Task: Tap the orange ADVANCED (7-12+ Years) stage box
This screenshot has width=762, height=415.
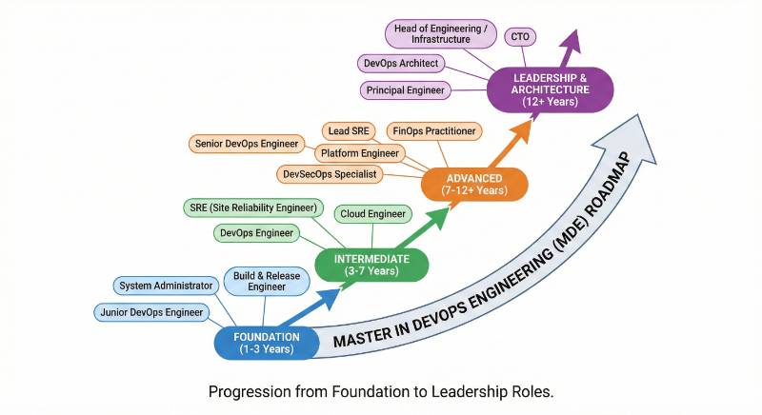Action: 473,183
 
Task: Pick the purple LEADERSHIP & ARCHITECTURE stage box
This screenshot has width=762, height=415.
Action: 551,89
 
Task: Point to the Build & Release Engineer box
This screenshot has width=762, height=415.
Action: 260,281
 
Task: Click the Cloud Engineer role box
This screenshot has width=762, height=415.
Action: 372,214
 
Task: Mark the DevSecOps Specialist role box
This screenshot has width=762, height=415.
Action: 331,174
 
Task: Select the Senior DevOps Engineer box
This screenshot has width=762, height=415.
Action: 246,144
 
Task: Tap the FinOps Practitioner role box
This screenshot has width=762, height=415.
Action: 434,130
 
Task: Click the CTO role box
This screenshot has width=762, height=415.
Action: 519,37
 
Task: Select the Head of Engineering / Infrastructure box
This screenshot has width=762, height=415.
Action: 442,34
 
